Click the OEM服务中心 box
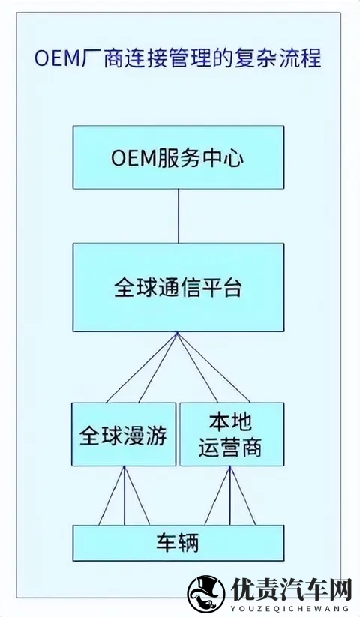(x=178, y=157)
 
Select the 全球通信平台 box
(x=178, y=287)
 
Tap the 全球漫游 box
(x=124, y=434)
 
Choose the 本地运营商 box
(x=232, y=434)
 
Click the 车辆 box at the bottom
(x=178, y=542)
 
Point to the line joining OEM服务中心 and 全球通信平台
(x=178, y=216)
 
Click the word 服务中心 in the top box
(x=201, y=157)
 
